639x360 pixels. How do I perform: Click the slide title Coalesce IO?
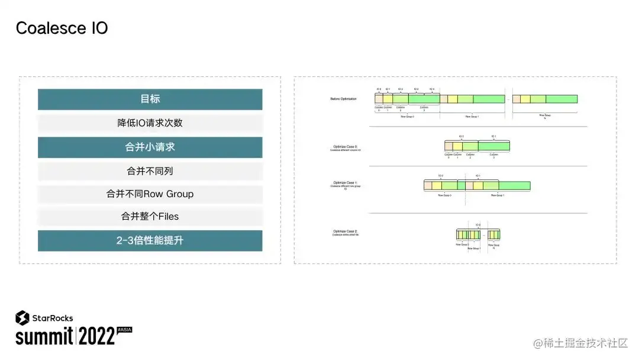tap(62, 28)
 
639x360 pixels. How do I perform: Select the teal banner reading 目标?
tap(150, 99)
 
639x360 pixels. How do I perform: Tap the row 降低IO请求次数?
tap(150, 123)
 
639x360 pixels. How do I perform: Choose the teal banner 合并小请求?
tap(150, 147)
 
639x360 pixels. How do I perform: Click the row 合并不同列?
tap(150, 171)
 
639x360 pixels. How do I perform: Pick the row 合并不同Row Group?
tap(150, 194)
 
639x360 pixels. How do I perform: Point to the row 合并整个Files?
tap(150, 217)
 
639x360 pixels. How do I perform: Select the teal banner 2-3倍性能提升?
tap(150, 240)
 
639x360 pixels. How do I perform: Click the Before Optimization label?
tap(343, 99)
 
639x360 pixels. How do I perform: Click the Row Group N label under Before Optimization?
tap(544, 116)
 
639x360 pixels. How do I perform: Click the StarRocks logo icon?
tap(22, 318)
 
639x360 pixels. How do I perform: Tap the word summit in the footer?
tap(44, 337)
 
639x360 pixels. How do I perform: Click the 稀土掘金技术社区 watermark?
tap(585, 343)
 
